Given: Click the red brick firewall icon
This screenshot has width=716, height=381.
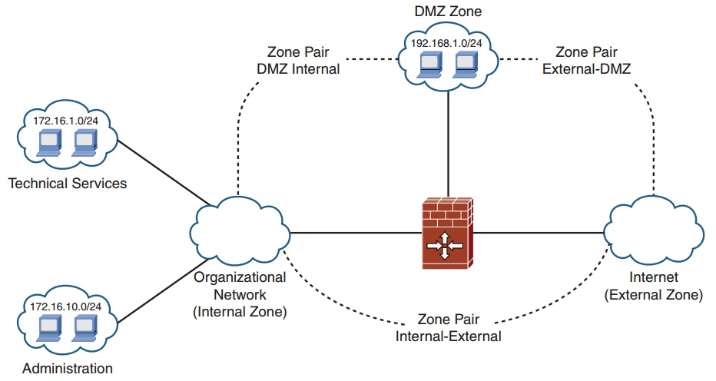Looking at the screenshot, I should coord(447,230).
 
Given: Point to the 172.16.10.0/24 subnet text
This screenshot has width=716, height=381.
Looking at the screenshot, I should coord(66,306).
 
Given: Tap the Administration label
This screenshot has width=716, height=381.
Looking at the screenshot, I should coord(67,369).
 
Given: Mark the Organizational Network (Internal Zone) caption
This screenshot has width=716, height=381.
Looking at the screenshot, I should coord(239,294).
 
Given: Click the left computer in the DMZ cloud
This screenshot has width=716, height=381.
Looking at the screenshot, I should coord(429,65).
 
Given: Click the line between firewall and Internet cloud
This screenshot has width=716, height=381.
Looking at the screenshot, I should coord(538,230).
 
